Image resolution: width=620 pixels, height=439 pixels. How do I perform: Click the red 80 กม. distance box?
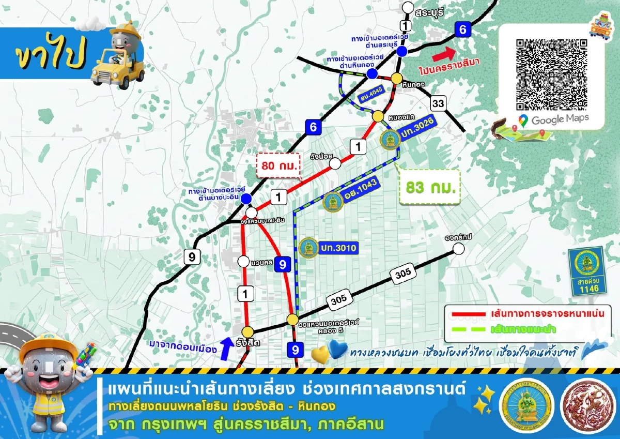point(280,165)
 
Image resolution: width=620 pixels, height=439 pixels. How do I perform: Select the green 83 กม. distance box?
point(430,187)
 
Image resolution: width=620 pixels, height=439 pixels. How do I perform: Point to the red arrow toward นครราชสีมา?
point(444,53)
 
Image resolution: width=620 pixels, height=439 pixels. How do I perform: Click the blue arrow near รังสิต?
point(225,347)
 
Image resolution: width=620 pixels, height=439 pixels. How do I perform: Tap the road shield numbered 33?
point(438,104)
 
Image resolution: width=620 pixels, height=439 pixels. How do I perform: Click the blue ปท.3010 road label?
point(338,248)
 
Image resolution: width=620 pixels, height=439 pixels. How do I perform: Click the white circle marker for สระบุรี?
point(408,8)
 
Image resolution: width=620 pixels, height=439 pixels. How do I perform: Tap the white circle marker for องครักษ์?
point(458,249)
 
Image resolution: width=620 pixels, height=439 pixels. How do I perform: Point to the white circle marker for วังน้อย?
point(335,163)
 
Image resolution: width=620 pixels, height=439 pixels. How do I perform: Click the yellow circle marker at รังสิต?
point(249,331)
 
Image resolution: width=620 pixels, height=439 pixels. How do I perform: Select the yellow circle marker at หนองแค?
point(378,116)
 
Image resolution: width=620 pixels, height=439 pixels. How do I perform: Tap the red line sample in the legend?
point(467,314)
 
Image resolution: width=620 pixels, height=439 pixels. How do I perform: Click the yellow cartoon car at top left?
point(118,57)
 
